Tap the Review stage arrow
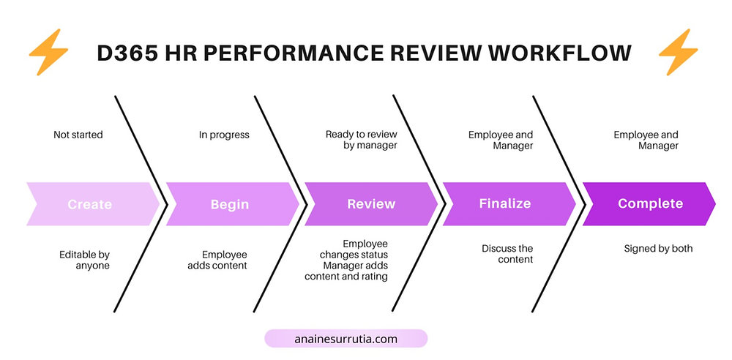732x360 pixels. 370,204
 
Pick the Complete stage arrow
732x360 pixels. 649,204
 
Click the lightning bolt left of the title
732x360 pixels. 48,53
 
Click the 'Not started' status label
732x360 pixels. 78,135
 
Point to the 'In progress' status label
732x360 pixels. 224,135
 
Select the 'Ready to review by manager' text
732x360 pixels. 361,140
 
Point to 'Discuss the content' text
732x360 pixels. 507,254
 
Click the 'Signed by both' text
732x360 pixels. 658,249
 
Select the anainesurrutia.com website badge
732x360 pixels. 346,338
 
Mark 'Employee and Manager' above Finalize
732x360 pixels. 501,140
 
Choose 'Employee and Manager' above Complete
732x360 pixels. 646,140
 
